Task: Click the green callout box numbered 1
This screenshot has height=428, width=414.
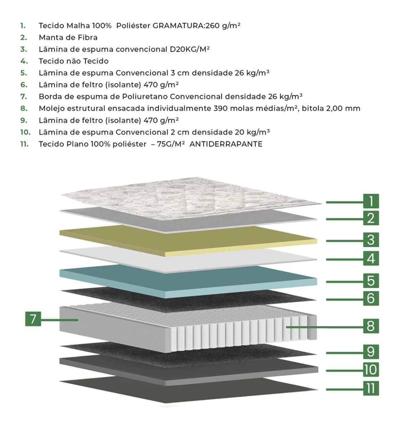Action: click(371, 201)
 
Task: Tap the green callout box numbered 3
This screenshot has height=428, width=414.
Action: click(371, 240)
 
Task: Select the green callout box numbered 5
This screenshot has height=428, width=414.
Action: click(371, 280)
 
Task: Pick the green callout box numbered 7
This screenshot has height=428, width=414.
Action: click(33, 319)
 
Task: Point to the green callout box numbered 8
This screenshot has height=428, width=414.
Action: click(371, 326)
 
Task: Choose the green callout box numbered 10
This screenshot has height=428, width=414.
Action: click(371, 369)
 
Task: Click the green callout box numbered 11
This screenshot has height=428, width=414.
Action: click(371, 388)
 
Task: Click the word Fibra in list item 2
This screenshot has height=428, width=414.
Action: click(88, 37)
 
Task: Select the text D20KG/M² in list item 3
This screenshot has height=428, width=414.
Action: click(189, 49)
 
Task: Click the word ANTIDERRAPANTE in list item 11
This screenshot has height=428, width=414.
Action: click(226, 144)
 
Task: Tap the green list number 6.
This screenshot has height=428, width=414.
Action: click(24, 85)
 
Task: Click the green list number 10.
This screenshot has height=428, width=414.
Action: click(25, 132)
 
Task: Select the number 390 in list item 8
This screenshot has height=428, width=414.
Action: click(220, 108)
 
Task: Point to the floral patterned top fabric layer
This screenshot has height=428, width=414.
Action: click(190, 198)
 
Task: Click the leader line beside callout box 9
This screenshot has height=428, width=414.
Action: click(344, 353)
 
